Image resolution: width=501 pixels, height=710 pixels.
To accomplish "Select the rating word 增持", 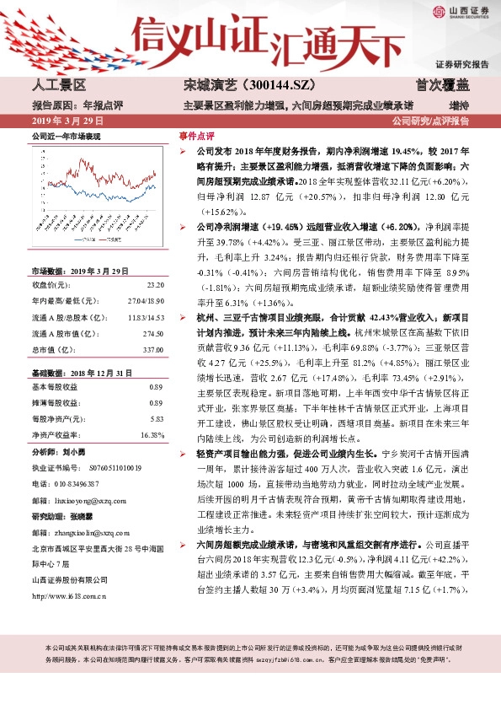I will coord(459,105).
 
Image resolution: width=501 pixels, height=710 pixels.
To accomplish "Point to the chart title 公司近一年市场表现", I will coord(66,136).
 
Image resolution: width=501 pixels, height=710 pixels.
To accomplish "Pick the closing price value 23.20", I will coord(154,285).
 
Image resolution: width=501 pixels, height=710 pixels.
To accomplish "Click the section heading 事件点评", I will coord(196,136).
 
